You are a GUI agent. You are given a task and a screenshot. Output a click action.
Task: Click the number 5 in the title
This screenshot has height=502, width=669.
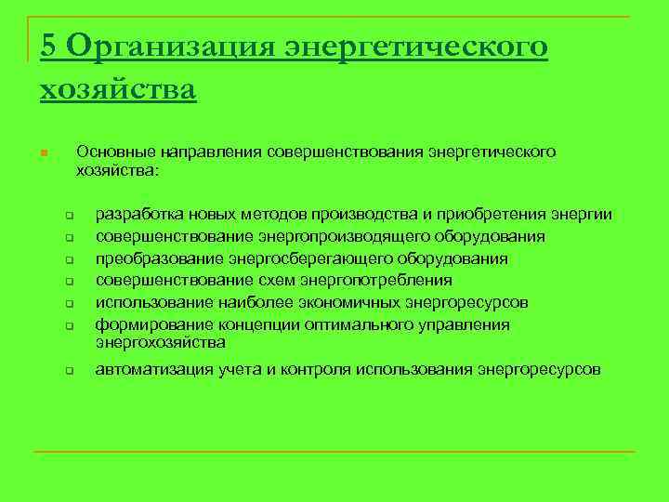(x=49, y=45)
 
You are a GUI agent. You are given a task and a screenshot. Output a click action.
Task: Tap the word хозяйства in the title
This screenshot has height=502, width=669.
(x=118, y=89)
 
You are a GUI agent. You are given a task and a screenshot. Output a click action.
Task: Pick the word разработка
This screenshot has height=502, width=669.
(x=138, y=215)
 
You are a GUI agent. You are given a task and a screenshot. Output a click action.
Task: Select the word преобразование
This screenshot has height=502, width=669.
(x=153, y=258)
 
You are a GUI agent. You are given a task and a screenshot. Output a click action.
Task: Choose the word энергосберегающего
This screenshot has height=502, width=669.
(x=308, y=258)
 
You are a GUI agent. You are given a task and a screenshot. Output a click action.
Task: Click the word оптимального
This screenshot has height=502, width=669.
(x=354, y=324)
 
